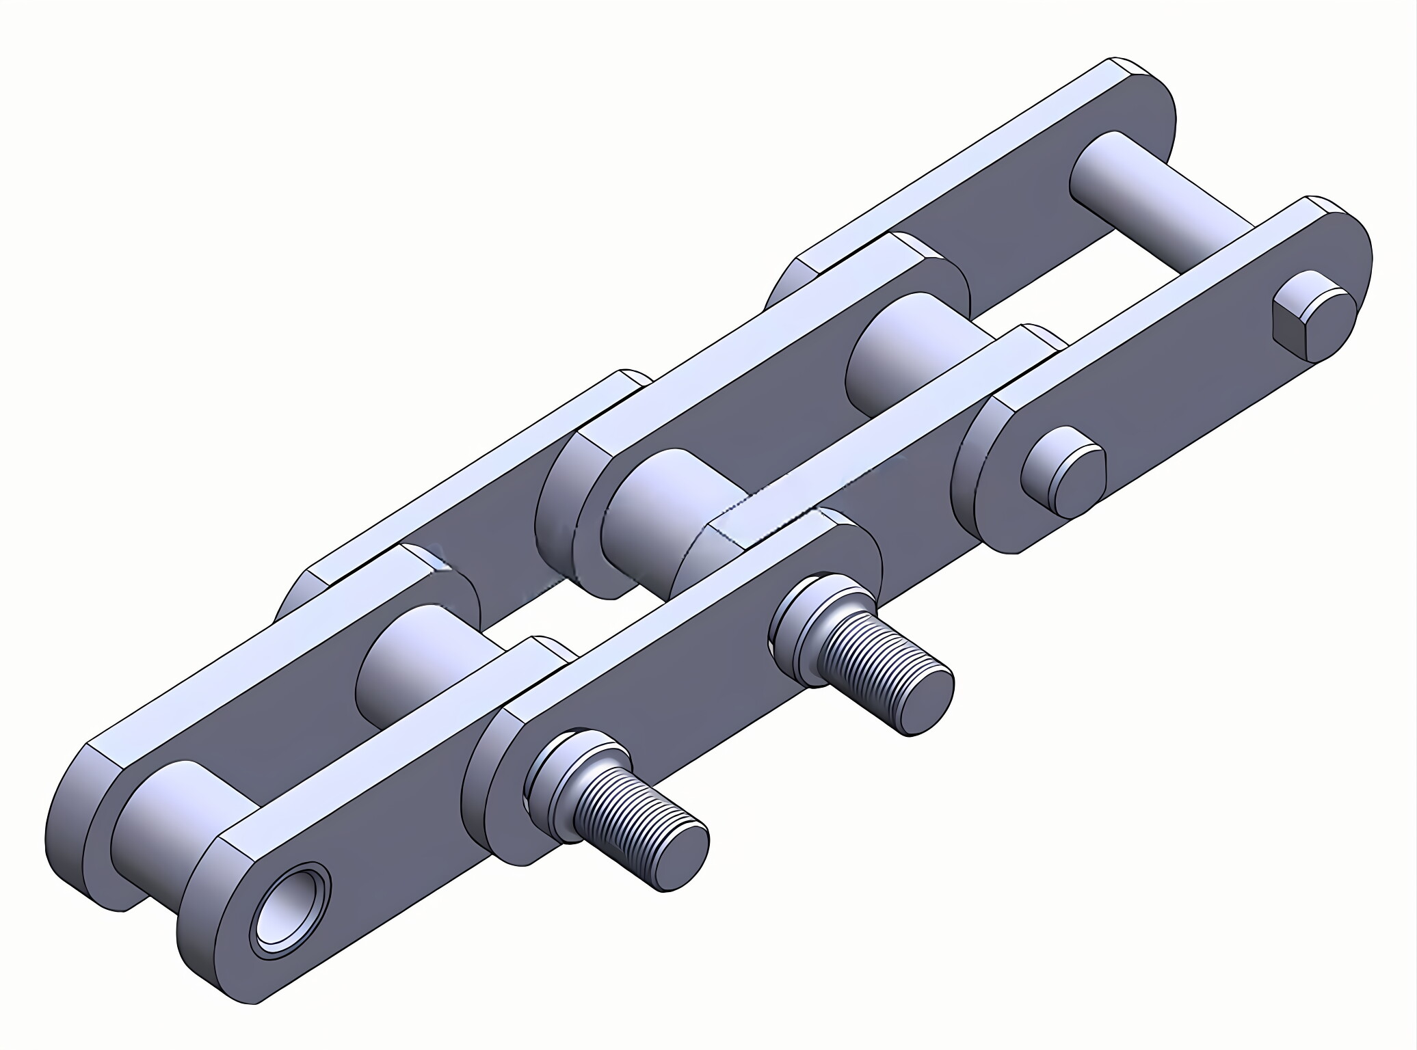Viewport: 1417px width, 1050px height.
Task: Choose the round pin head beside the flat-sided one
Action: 1063,472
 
